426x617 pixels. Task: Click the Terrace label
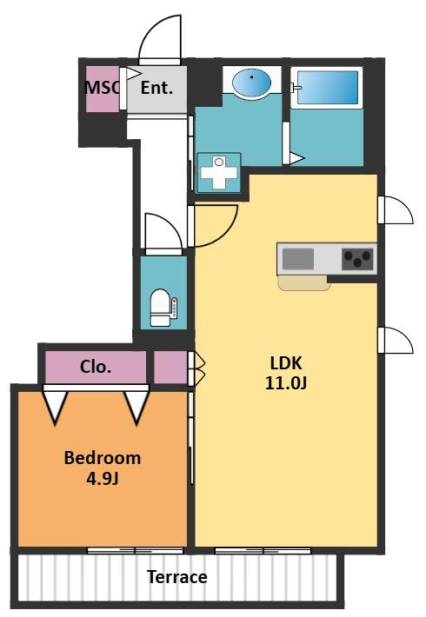tap(177, 577)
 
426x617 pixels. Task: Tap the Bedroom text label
tap(103, 458)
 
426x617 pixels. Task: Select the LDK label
tap(286, 362)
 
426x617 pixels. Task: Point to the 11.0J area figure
tap(285, 383)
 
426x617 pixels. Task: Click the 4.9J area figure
tap(103, 479)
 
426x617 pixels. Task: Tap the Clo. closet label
tap(96, 367)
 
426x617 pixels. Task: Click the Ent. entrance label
tap(156, 88)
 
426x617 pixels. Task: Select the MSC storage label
tap(102, 88)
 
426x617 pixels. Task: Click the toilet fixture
tap(163, 308)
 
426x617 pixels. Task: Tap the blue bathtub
tap(328, 88)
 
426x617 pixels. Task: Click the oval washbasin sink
tap(251, 83)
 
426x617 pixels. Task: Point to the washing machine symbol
tap(218, 172)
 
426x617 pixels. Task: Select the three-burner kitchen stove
tap(357, 259)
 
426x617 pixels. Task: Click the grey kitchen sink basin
tap(298, 259)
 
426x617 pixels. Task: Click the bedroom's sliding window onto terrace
tap(135, 550)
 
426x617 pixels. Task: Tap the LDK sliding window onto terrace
tap(263, 550)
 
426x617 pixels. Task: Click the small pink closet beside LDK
tap(170, 367)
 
